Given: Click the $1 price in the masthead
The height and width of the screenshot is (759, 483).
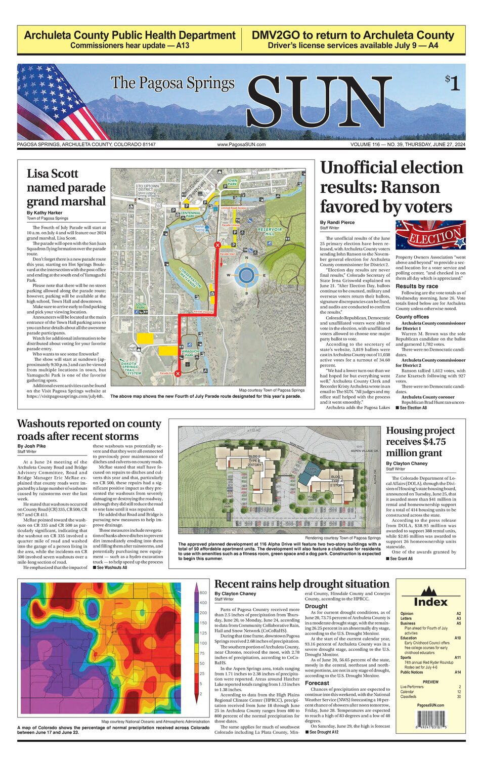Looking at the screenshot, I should [452, 82].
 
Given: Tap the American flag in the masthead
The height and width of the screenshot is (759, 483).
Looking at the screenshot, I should [56, 101].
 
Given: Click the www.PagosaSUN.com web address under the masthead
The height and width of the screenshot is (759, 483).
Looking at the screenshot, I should [241, 145].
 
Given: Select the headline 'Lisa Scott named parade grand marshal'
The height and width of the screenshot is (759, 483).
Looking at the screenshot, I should [66, 188].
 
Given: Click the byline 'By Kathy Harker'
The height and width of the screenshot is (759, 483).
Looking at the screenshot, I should [45, 213].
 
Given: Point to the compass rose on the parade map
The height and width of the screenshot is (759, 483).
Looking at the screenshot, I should [246, 275].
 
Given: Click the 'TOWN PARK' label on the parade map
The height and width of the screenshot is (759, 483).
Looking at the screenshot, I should [232, 182].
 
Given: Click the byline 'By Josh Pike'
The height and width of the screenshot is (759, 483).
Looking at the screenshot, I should [31, 446].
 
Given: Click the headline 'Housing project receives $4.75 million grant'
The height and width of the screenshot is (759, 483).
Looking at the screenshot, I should [420, 442].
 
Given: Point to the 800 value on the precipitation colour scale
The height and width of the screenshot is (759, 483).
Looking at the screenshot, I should [203, 593].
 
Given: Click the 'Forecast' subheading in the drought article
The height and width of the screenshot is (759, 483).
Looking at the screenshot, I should [317, 683].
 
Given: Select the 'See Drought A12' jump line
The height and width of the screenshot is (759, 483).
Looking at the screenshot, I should [326, 732].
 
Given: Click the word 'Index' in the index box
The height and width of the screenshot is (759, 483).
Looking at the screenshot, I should [430, 602].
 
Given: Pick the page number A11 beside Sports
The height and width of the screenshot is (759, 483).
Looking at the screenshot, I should [457, 658].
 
